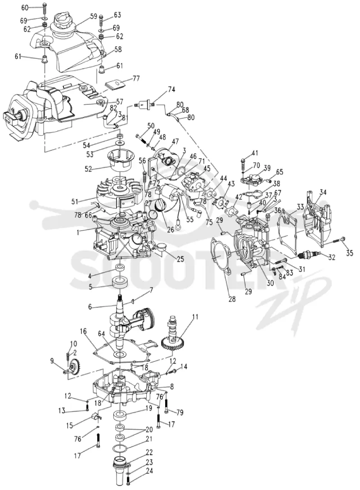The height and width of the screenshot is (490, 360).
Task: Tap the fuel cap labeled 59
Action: (x=64, y=21)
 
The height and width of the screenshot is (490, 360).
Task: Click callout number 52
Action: (x=88, y=169)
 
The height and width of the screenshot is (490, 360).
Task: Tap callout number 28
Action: (x=232, y=299)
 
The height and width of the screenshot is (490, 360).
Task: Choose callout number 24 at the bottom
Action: (x=149, y=479)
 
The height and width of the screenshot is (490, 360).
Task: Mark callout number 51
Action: (x=75, y=202)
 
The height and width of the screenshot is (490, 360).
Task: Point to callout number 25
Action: (x=180, y=259)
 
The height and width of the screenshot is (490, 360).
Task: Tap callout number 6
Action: (x=90, y=307)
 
